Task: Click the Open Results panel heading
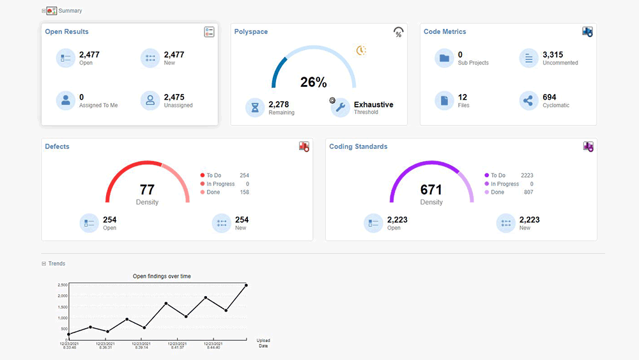coord(66,31)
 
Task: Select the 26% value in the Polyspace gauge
coord(313,82)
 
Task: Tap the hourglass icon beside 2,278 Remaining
coord(255,107)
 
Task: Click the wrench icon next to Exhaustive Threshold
coord(341,107)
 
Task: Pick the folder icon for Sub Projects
coord(444,58)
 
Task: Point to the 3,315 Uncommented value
coord(553,55)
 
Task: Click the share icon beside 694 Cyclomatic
coord(528,101)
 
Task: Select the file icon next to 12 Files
coord(444,101)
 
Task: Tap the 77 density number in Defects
coord(147,190)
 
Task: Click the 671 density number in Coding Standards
coord(431,190)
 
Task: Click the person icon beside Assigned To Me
coord(65,101)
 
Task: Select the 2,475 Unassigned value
coord(174,98)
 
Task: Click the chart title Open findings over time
coord(161,276)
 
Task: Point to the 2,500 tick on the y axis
coord(62,285)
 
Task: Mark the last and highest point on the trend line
coord(246,285)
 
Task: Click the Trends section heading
coord(56,263)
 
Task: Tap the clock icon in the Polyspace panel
coord(361,51)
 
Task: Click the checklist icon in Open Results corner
coord(209,32)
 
